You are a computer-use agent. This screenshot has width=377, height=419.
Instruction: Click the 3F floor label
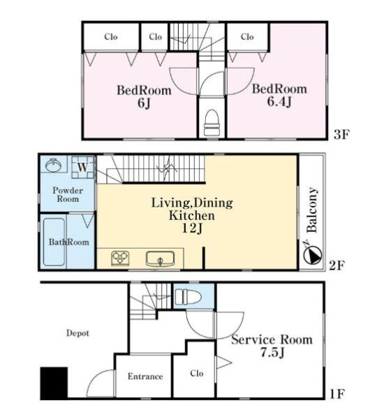pyautogui.click(x=341, y=134)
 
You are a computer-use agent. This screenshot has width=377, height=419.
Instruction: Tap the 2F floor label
pyautogui.click(x=337, y=265)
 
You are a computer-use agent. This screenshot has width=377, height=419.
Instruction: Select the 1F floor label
pyautogui.click(x=337, y=394)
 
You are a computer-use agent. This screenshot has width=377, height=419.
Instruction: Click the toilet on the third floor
pyautogui.click(x=212, y=123)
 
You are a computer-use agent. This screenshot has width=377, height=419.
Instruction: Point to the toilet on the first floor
pyautogui.click(x=188, y=297)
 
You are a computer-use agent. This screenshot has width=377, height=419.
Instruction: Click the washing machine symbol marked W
pyautogui.click(x=82, y=168)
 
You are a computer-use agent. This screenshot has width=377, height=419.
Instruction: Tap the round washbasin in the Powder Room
pyautogui.click(x=54, y=165)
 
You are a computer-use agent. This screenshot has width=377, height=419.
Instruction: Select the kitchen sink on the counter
pyautogui.click(x=161, y=258)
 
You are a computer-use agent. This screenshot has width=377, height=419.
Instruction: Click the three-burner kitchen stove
pyautogui.click(x=120, y=258)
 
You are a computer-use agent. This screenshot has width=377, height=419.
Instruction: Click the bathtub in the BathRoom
pyautogui.click(x=54, y=242)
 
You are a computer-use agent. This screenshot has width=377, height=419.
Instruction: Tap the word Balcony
pyautogui.click(x=312, y=210)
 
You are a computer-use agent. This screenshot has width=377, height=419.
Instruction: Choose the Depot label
pyautogui.click(x=77, y=333)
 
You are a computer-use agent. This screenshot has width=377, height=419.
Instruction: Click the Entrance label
pyautogui.click(x=145, y=376)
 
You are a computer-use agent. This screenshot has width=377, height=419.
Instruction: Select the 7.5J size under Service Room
pyautogui.click(x=272, y=353)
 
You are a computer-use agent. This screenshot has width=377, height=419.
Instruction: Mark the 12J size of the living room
pyautogui.click(x=193, y=228)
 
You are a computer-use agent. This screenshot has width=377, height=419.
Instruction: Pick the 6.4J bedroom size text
pyautogui.click(x=279, y=101)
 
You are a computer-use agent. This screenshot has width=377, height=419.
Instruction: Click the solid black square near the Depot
pyautogui.click(x=54, y=383)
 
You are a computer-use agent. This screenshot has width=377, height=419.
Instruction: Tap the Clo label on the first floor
pyautogui.click(x=197, y=373)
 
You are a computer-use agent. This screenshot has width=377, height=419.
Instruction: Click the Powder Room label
pyautogui.click(x=68, y=195)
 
